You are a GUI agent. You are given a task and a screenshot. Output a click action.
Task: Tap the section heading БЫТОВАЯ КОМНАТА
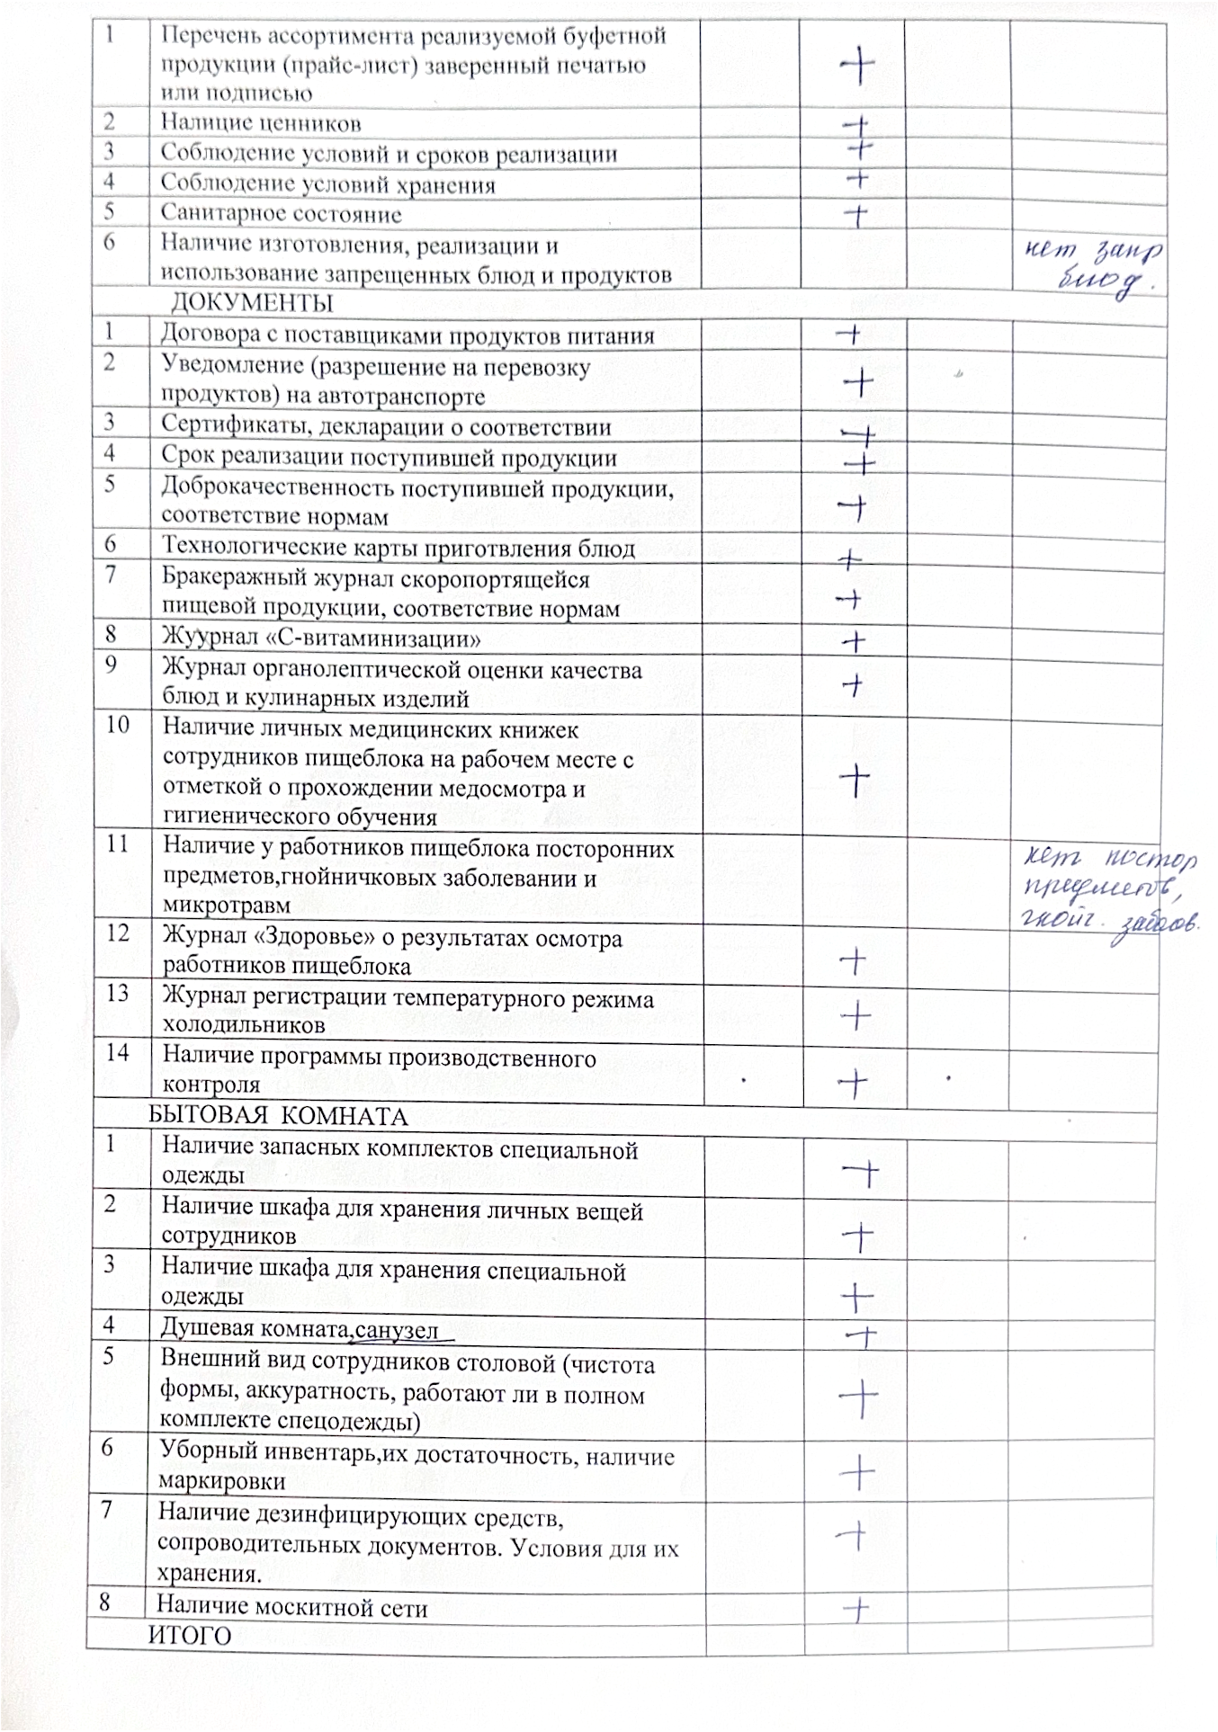(x=277, y=1117)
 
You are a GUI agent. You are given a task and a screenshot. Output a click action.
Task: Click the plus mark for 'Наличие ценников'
(x=858, y=124)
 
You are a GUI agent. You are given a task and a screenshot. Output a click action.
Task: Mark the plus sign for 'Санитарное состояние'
(x=857, y=214)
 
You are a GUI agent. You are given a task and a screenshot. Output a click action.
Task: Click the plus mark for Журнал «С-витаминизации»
(x=855, y=641)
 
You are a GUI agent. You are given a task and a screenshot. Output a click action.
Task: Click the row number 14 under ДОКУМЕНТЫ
(x=117, y=1052)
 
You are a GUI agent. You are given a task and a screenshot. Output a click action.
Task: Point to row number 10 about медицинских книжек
(x=118, y=724)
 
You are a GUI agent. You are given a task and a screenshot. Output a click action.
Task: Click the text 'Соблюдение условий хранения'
(x=327, y=184)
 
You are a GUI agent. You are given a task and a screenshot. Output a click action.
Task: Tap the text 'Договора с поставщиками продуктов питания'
(x=407, y=335)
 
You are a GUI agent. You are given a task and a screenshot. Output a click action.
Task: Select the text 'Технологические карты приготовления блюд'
(x=398, y=549)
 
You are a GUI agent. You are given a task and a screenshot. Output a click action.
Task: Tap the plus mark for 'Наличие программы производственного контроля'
(x=855, y=1084)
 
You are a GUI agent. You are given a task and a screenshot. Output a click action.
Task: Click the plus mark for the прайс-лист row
(x=858, y=65)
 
